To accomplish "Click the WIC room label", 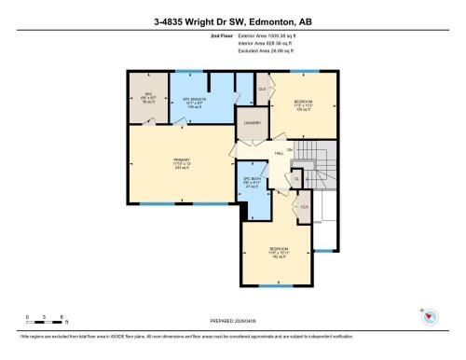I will point(148,96).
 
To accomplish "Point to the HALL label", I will point(278,154).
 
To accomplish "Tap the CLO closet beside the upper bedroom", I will point(263,90).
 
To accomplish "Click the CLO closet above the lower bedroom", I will point(303,205).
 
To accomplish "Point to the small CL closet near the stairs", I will point(297,178).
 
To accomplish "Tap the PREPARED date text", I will point(232,322).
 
